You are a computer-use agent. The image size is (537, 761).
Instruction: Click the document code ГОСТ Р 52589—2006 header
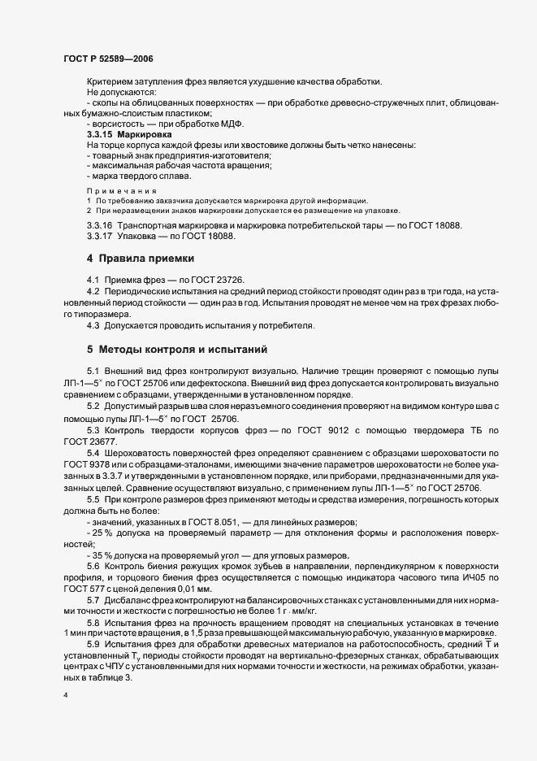[x=108, y=59]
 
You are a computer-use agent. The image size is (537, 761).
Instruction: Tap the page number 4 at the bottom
[x=65, y=697]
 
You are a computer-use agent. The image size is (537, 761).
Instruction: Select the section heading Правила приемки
[x=146, y=259]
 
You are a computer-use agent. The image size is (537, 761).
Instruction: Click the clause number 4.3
[x=93, y=326]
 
